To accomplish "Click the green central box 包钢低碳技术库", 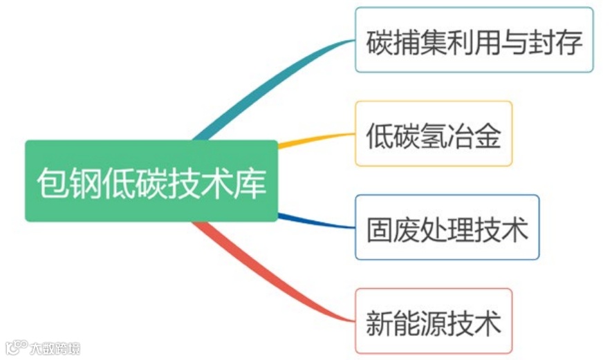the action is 151,181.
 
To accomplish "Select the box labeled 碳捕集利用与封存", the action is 474,40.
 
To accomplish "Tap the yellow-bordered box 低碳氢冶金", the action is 434,134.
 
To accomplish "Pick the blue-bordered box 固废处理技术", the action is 447,227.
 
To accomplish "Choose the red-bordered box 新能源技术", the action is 434,321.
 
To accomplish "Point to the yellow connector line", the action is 315,139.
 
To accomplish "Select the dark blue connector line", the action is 315,221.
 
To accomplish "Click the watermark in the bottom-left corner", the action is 43,347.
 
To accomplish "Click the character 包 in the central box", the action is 53,183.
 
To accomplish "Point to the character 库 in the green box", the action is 250,183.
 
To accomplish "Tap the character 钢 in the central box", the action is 86,183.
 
